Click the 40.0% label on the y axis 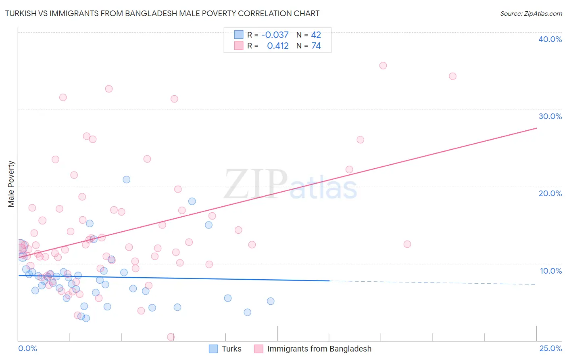[550, 39]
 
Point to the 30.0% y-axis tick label [550, 116]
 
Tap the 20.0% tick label [550, 193]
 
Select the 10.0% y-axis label [550, 271]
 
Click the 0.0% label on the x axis [27, 348]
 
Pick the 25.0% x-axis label [550, 348]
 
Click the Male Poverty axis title [11, 184]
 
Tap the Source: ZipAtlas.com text [531, 13]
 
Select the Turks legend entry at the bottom [231, 349]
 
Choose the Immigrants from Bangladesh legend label [319, 349]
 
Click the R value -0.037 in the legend [275, 35]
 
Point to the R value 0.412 [277, 46]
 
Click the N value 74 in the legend [316, 46]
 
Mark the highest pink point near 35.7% [383, 65]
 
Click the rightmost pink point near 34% [452, 76]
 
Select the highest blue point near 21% [126, 180]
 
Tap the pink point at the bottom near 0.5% [171, 337]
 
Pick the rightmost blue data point [271, 301]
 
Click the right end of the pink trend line [536, 128]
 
